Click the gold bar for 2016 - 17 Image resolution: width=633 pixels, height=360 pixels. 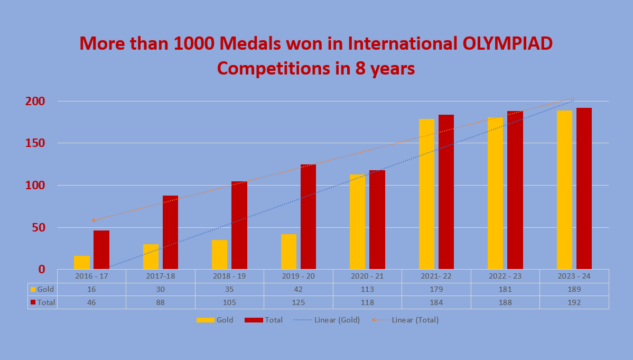click(x=82, y=262)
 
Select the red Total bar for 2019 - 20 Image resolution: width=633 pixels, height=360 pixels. click(x=308, y=217)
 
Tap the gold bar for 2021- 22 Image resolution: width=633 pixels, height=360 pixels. click(x=426, y=194)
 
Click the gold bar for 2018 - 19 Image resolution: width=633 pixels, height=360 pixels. click(x=219, y=254)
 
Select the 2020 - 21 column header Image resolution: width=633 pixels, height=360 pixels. click(x=367, y=276)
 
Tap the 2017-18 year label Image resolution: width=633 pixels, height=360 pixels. click(x=161, y=276)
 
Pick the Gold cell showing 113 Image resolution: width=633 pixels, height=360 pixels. click(x=367, y=289)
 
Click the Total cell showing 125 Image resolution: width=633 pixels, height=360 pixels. click(x=299, y=302)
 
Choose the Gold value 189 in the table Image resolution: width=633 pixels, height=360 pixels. click(x=574, y=289)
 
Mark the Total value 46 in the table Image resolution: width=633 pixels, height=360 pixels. click(x=92, y=302)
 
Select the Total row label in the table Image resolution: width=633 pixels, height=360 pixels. click(x=46, y=302)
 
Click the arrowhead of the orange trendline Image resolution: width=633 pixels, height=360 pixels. click(x=93, y=220)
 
